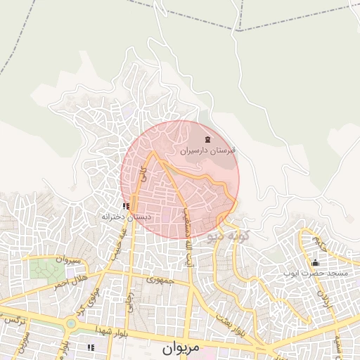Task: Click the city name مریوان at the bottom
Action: (x=181, y=347)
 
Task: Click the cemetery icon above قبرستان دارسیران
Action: (x=207, y=140)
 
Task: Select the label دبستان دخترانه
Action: (x=127, y=217)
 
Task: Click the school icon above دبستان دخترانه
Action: (x=126, y=206)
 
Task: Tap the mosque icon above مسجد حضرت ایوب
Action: (x=314, y=262)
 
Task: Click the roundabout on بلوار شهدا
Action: (x=71, y=324)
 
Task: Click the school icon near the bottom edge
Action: (x=90, y=347)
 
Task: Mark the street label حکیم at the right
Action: (x=320, y=243)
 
